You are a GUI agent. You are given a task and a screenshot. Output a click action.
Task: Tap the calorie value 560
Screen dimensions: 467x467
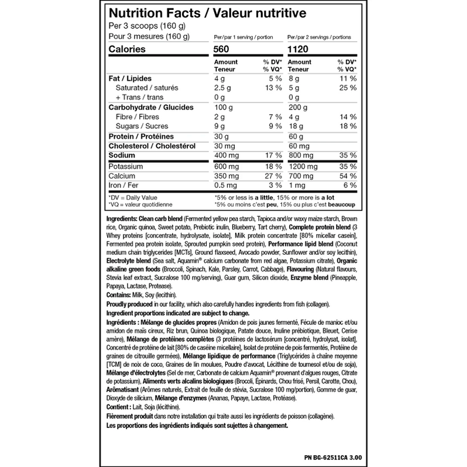(224, 50)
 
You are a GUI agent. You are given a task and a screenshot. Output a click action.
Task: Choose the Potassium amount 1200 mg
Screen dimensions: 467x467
(302, 166)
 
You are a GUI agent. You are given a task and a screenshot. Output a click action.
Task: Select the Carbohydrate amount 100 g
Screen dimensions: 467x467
(224, 108)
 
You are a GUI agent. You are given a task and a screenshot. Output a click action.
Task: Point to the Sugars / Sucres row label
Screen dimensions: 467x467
(134, 126)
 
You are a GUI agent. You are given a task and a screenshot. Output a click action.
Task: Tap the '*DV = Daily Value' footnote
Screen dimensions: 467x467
(133, 197)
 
